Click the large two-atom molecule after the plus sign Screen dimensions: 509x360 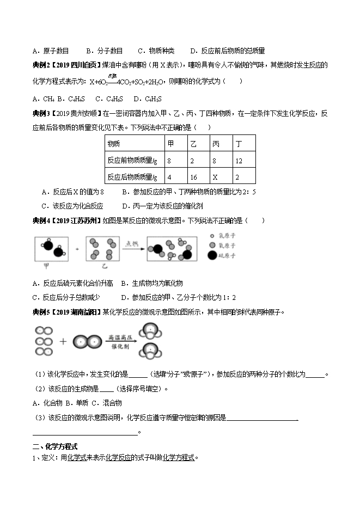pos(87,342)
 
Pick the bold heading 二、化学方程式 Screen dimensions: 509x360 pos(54,445)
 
